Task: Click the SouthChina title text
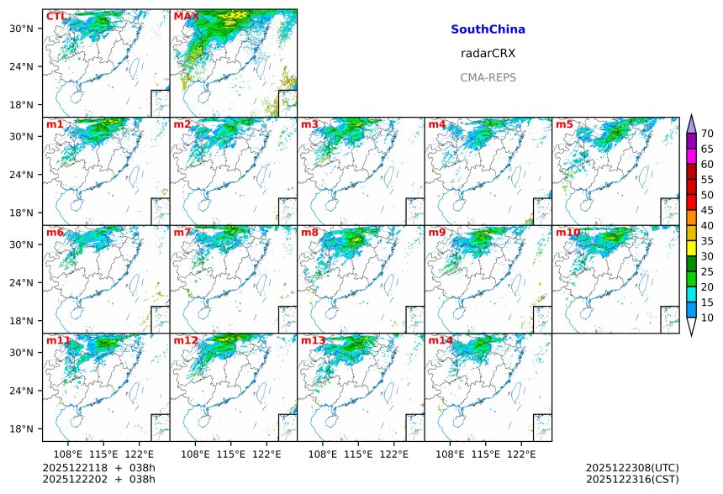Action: point(488,29)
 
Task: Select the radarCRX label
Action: point(488,53)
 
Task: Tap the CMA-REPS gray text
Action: point(488,77)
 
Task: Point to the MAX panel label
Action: point(185,16)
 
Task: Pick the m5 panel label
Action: point(564,124)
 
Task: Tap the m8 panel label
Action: point(309,232)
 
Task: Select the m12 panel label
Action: point(186,340)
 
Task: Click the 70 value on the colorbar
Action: point(707,134)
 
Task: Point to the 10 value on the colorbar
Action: point(707,318)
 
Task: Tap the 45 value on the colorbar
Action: point(707,210)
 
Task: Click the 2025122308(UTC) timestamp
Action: point(631,467)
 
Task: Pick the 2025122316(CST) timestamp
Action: point(631,479)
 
